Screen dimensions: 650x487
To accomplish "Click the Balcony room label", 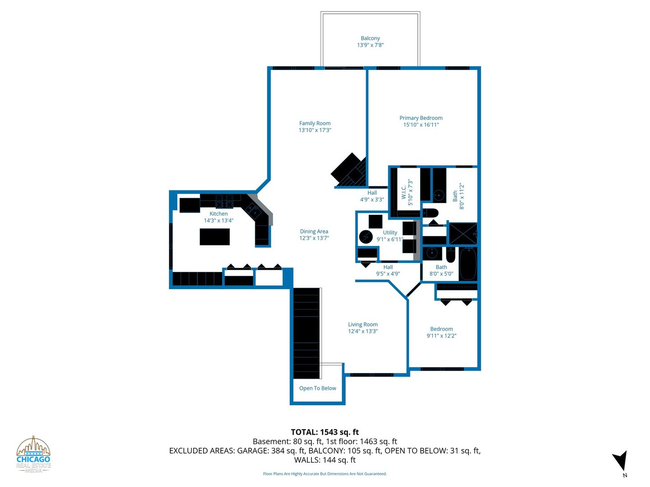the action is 370,38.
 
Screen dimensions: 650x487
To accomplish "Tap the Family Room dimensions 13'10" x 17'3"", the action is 315,130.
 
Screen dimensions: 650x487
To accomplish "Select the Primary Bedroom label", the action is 421,118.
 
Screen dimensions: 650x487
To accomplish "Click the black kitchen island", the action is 215,237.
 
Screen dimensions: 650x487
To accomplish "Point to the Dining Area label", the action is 314,231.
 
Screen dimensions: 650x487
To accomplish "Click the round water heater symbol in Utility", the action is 366,237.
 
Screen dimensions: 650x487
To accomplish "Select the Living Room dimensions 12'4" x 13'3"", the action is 363,331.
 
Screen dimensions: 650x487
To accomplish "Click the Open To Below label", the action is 317,388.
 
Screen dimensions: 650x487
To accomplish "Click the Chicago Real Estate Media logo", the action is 33,455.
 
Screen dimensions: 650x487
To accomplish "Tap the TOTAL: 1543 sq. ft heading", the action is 325,432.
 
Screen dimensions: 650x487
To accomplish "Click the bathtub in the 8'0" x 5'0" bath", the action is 468,264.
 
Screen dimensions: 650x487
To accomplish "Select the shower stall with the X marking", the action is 463,234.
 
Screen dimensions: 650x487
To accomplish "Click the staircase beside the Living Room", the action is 306,333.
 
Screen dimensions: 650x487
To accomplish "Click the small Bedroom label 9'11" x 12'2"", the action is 441,332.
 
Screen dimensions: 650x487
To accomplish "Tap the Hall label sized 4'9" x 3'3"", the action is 372,196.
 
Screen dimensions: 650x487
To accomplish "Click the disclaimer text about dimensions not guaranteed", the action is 325,473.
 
